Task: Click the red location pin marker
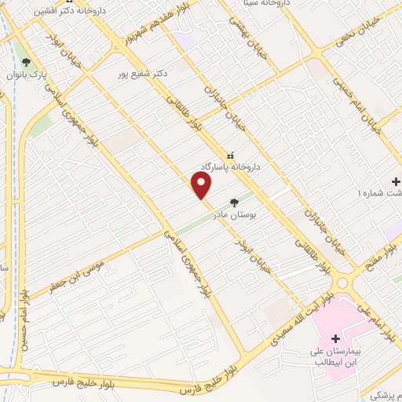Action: (202, 185)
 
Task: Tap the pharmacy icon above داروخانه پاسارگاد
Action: (230, 155)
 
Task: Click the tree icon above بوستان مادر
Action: (233, 202)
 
